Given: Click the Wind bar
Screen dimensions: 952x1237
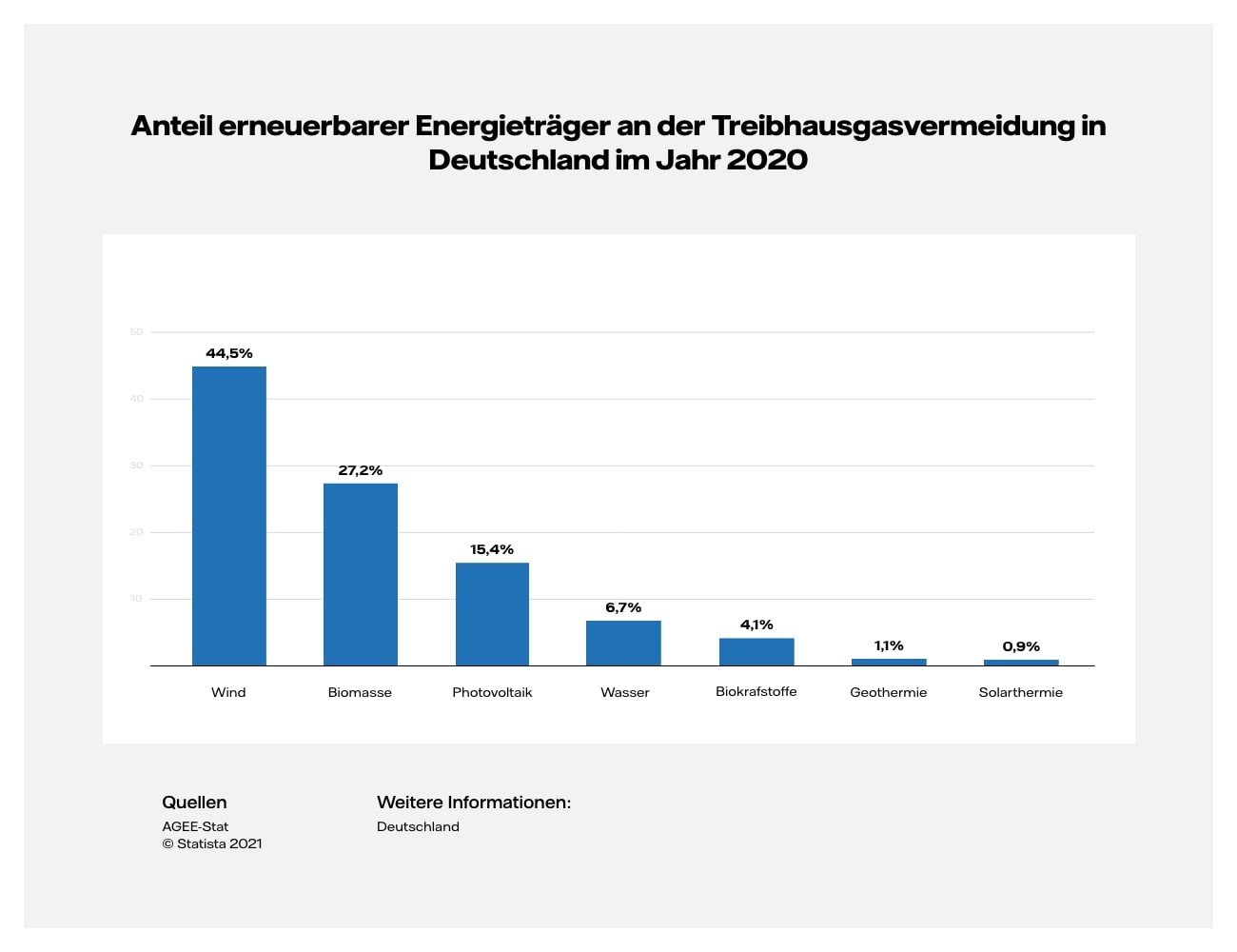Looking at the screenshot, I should coord(229,515).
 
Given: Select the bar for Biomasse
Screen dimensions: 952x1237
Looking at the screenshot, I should coord(361,574).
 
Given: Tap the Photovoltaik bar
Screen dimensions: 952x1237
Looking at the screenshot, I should coord(492,614).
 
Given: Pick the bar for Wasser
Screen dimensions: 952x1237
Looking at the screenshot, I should coord(623,643).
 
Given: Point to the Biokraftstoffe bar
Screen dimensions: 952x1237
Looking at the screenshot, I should coord(756,651).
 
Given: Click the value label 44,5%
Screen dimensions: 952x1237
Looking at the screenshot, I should coord(229,353).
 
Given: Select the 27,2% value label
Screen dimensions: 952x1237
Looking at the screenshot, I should coord(361,470).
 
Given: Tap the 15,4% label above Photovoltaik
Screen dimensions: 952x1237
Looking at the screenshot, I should coord(492,549).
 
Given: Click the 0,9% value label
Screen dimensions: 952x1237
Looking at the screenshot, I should coord(1021,646).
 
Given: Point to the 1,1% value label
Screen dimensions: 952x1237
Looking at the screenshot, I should coord(889,645).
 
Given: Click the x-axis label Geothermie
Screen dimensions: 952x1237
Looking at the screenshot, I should coord(889,692).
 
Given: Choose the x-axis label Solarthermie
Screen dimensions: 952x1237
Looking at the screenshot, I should coord(1021,692).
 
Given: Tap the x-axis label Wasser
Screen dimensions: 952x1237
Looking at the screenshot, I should coord(624,692).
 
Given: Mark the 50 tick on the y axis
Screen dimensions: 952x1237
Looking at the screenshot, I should coord(136,332).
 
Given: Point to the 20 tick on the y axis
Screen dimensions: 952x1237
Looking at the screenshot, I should coord(136,532).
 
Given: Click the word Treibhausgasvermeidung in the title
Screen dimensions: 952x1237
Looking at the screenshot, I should coord(893,126).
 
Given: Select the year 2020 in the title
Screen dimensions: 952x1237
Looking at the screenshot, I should coord(767,159).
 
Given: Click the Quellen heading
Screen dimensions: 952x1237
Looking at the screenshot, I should coord(194,803).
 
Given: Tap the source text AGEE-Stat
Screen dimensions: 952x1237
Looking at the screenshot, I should coord(195,826).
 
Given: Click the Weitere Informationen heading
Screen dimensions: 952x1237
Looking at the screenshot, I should coord(474,803).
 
